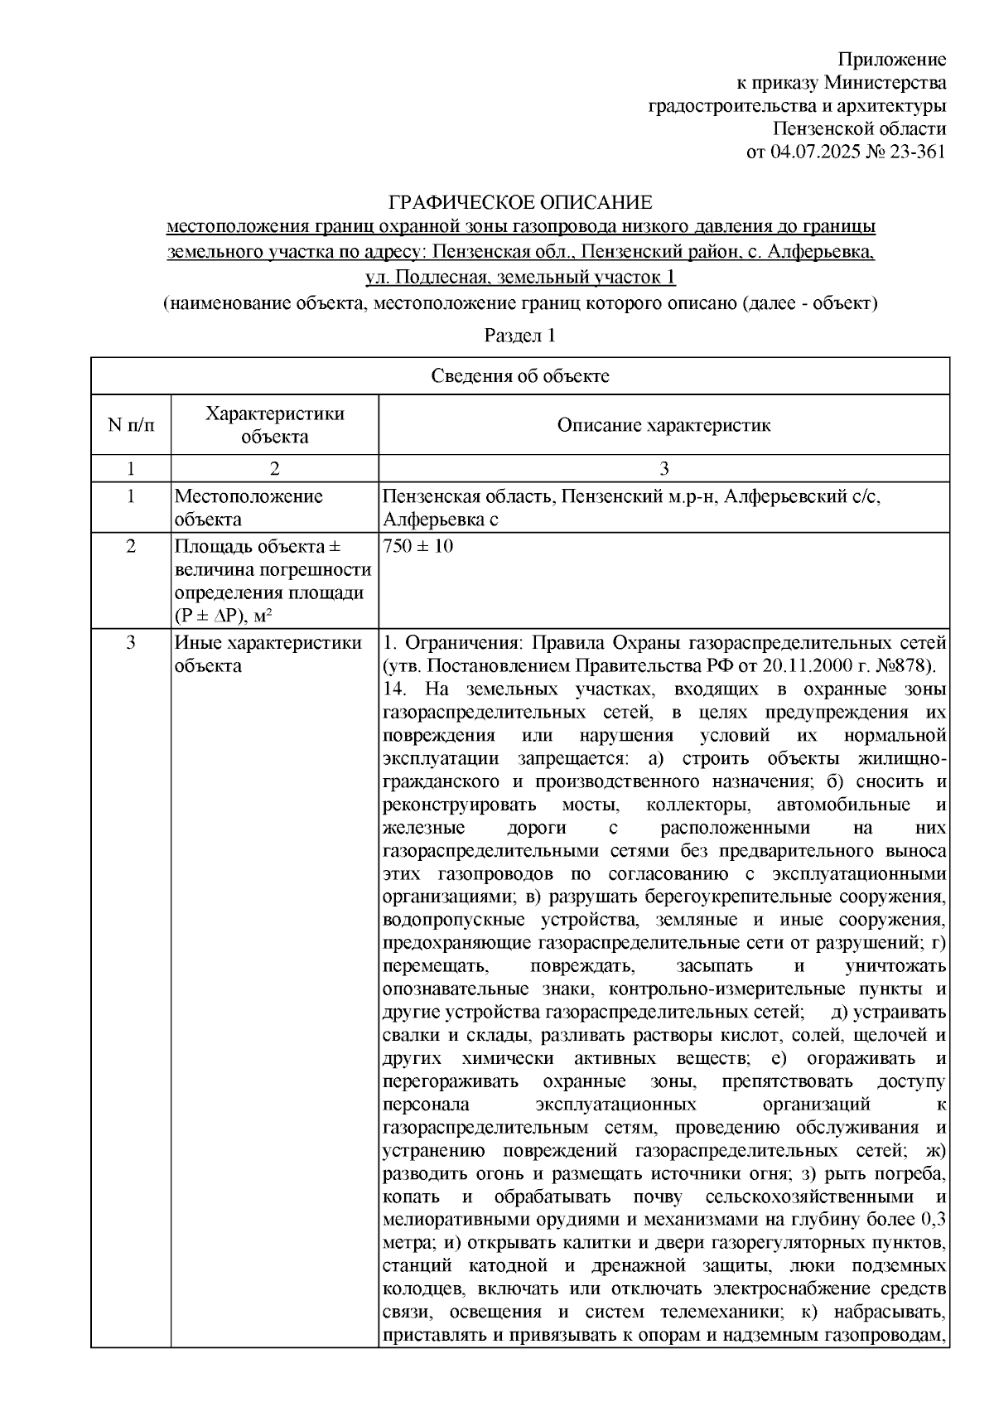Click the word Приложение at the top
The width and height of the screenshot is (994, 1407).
click(892, 59)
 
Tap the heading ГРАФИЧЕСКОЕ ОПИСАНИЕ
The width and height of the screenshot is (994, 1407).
click(521, 202)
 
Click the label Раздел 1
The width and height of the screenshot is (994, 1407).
click(519, 336)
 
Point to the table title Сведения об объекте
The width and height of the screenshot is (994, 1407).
click(520, 376)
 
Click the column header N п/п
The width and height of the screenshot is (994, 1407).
click(130, 425)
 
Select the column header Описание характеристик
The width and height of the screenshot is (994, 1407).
click(663, 425)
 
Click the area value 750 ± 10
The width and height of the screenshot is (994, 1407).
click(417, 547)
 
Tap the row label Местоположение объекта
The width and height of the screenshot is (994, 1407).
click(248, 507)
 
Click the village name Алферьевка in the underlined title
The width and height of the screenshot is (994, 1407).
click(820, 250)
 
